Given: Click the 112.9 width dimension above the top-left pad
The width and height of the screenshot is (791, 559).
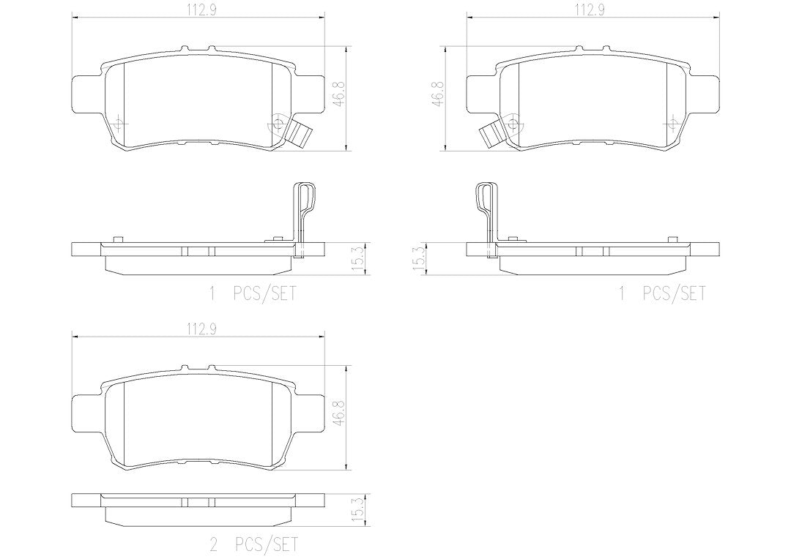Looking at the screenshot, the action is point(199,10).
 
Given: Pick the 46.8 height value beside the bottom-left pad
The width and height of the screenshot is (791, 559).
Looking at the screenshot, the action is point(338,413).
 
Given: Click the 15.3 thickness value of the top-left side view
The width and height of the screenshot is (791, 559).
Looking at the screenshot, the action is point(357,259).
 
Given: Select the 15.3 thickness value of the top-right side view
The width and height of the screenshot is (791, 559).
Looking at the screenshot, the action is point(419,259).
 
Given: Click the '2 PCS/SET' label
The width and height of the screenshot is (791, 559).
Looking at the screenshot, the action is point(253,544).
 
